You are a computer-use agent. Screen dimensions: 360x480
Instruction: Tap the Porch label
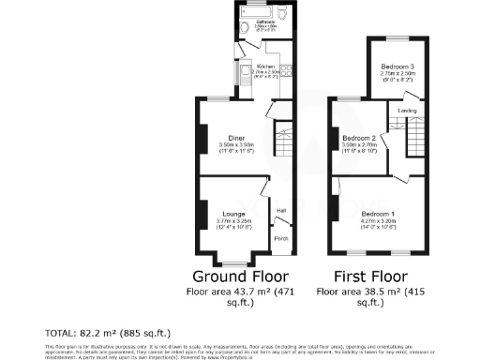click(279, 239)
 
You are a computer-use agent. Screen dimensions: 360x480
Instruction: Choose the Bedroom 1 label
click(379, 214)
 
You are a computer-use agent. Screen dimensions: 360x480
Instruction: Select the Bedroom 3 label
click(397, 67)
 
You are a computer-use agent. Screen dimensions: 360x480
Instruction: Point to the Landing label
click(407, 112)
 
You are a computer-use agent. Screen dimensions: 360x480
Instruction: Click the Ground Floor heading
click(240, 277)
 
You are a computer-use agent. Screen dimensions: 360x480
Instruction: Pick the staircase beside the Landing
click(412, 141)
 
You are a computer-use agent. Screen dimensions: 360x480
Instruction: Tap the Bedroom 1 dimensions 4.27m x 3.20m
click(379, 220)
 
